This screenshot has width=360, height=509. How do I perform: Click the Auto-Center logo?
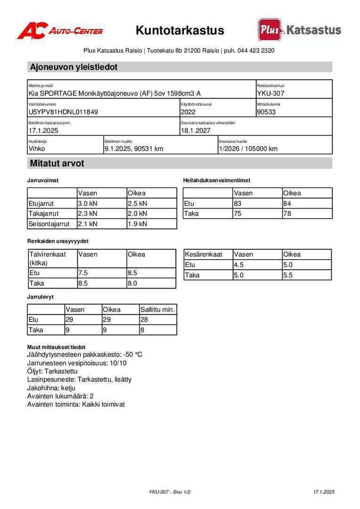point(60,31)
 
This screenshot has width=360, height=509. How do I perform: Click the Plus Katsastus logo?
point(299,30)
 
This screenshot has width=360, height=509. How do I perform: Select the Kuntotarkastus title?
point(180,31)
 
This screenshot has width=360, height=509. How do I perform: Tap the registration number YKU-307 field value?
point(270,93)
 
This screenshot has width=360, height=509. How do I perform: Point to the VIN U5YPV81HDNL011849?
point(64,112)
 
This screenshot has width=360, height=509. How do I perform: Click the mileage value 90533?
point(266,112)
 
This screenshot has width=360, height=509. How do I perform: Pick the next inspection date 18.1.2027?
point(196,131)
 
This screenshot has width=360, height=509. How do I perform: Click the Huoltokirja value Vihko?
point(37,149)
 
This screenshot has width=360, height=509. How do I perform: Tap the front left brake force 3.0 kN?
point(88,204)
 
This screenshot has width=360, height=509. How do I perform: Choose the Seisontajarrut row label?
point(49,224)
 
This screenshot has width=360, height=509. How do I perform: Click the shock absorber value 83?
point(238,204)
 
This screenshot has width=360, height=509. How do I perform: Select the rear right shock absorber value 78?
point(287,213)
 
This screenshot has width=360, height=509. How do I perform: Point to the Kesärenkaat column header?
point(204,254)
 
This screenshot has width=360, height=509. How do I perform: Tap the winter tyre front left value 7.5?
point(83,273)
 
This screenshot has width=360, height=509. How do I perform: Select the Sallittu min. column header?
point(157,310)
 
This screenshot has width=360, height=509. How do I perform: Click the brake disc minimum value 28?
point(144,320)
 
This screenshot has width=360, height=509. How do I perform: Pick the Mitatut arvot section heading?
point(57,164)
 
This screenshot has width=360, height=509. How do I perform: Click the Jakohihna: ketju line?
point(51,388)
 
